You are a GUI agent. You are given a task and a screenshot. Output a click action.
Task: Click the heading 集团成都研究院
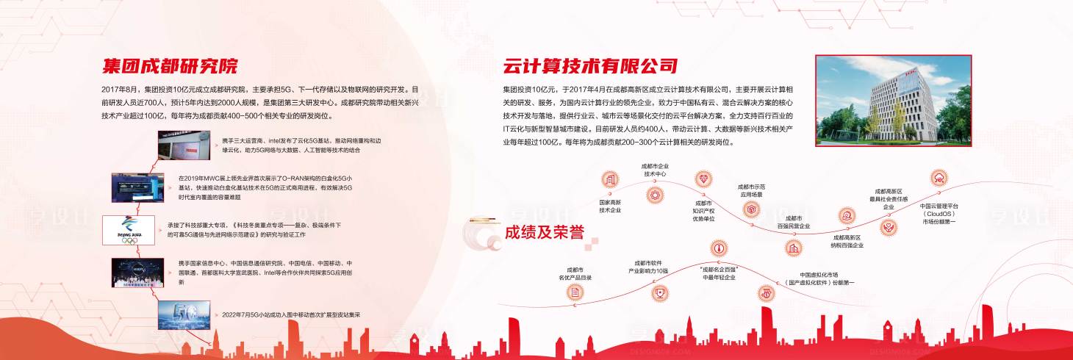tap(170, 66)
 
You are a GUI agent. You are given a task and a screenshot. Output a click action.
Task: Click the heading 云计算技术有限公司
tap(590, 66)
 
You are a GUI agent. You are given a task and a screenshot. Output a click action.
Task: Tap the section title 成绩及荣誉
tap(544, 232)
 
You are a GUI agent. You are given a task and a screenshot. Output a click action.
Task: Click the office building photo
tap(893, 101)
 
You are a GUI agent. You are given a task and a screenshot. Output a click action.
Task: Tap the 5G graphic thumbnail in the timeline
tap(184, 314)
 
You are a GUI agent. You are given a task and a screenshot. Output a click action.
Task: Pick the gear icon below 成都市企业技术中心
tap(655, 195)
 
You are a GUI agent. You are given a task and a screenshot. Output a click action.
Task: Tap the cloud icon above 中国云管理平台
tap(939, 178)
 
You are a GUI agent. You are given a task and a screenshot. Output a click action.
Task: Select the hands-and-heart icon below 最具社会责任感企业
tap(888, 228)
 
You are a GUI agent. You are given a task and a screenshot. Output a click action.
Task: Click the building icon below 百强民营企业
tap(794, 248)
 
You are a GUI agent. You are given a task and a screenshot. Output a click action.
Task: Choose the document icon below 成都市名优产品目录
tap(575, 292)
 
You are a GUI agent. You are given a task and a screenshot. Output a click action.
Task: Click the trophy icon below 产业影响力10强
tap(660, 292)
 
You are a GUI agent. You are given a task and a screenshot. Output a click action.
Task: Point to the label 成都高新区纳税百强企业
tap(847, 241)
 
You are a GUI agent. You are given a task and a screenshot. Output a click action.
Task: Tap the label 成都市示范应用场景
tap(750, 190)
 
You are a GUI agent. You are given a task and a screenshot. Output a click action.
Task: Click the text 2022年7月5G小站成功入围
tap(291, 314)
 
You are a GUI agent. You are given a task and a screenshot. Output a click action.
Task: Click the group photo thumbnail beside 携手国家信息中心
tap(137, 272)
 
